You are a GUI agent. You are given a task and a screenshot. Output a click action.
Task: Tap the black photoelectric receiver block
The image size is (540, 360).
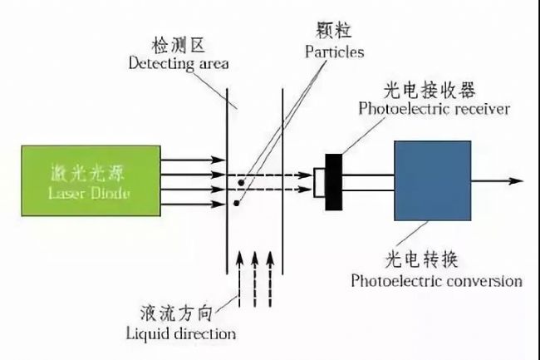pos(335,180)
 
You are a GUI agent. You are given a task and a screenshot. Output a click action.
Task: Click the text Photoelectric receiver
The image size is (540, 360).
pos(434,109)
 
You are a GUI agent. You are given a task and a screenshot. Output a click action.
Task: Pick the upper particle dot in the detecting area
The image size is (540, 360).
pos(242,180)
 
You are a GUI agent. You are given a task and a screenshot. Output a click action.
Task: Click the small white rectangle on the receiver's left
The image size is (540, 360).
pos(319,181)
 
